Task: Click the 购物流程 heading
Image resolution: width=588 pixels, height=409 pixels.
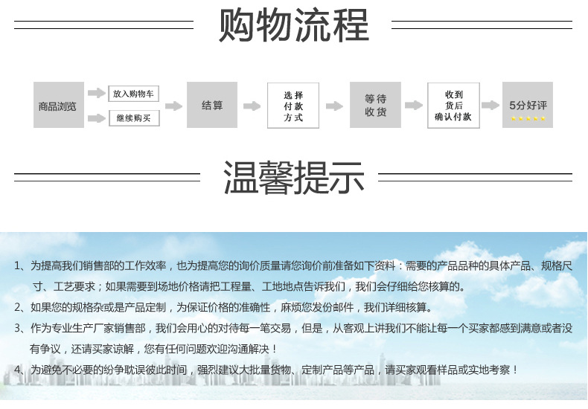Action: pos(294,26)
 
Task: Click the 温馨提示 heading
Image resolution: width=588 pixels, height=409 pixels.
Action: pos(294,177)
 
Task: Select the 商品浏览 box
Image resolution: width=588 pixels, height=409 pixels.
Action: pos(57,106)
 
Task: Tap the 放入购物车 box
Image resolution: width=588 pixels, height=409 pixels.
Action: pos(134,94)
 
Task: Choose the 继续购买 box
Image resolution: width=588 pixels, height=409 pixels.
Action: pos(134,117)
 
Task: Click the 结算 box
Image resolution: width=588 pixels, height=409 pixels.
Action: pos(212,106)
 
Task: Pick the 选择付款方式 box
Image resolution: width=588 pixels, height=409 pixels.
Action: pos(293,106)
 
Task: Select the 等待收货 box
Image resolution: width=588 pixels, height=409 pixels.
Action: pos(375,106)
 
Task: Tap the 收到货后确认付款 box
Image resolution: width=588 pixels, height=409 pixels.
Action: pos(453,106)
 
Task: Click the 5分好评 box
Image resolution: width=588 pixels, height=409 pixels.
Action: pos(528,105)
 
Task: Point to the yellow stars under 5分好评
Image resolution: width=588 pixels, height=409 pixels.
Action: pos(528,118)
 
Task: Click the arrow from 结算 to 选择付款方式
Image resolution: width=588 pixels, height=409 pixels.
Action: pos(252,106)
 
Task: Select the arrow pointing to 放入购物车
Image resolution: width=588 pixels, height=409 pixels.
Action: pos(96,93)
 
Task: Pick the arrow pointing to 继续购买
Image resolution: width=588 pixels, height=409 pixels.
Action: pos(96,118)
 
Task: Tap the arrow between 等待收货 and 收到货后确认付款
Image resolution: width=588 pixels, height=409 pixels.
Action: pos(413,106)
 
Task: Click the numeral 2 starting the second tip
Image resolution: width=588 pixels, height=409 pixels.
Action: pos(18,307)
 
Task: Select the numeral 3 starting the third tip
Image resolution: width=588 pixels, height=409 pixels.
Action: pos(18,328)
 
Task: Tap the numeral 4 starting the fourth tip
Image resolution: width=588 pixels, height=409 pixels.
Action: pos(18,370)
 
